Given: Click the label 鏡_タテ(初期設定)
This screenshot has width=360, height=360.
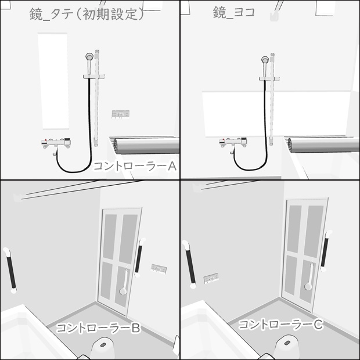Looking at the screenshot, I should (x=87, y=15).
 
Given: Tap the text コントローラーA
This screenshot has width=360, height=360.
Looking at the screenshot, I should (x=135, y=167).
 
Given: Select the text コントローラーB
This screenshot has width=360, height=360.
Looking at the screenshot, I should (x=98, y=328).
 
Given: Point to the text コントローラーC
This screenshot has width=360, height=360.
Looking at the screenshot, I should (x=280, y=325).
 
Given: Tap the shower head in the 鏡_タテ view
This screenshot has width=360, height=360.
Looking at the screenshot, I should (x=89, y=57).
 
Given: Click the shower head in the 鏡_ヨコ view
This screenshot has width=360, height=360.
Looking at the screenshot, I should (x=265, y=59).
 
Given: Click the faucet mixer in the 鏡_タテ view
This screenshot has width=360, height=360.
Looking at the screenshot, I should (x=56, y=143).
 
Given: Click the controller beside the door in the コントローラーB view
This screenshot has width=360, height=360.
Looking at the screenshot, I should (x=159, y=268).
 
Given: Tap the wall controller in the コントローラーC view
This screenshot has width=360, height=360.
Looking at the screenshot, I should (x=212, y=279).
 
